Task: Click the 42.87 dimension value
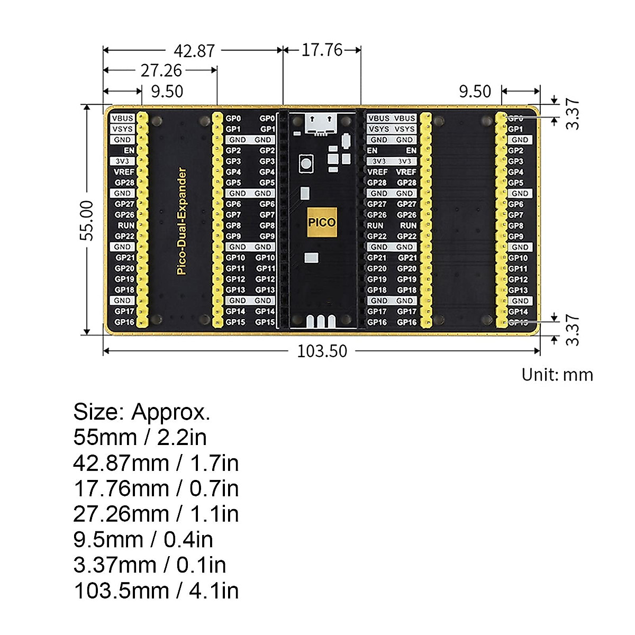pos(194,51)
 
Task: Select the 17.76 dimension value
pos(322,50)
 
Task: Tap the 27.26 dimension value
pos(161,70)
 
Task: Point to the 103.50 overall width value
pos(322,351)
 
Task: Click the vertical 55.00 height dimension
pos(87,220)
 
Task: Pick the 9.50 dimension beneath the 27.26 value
pos(167,91)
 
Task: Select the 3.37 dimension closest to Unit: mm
pos(573,331)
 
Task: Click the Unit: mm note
pos(557,375)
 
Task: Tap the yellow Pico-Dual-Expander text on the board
pos(182,221)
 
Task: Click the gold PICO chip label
pos(322,222)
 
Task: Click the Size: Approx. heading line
pos(142,412)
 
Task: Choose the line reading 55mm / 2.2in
pos(140,437)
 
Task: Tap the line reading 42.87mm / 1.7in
pos(156,463)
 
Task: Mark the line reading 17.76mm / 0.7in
pos(156,488)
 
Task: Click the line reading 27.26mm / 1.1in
pos(156,514)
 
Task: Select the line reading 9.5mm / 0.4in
pos(143,539)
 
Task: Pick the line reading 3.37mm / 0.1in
pos(150,565)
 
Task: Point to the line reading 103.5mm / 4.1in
pos(156,590)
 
